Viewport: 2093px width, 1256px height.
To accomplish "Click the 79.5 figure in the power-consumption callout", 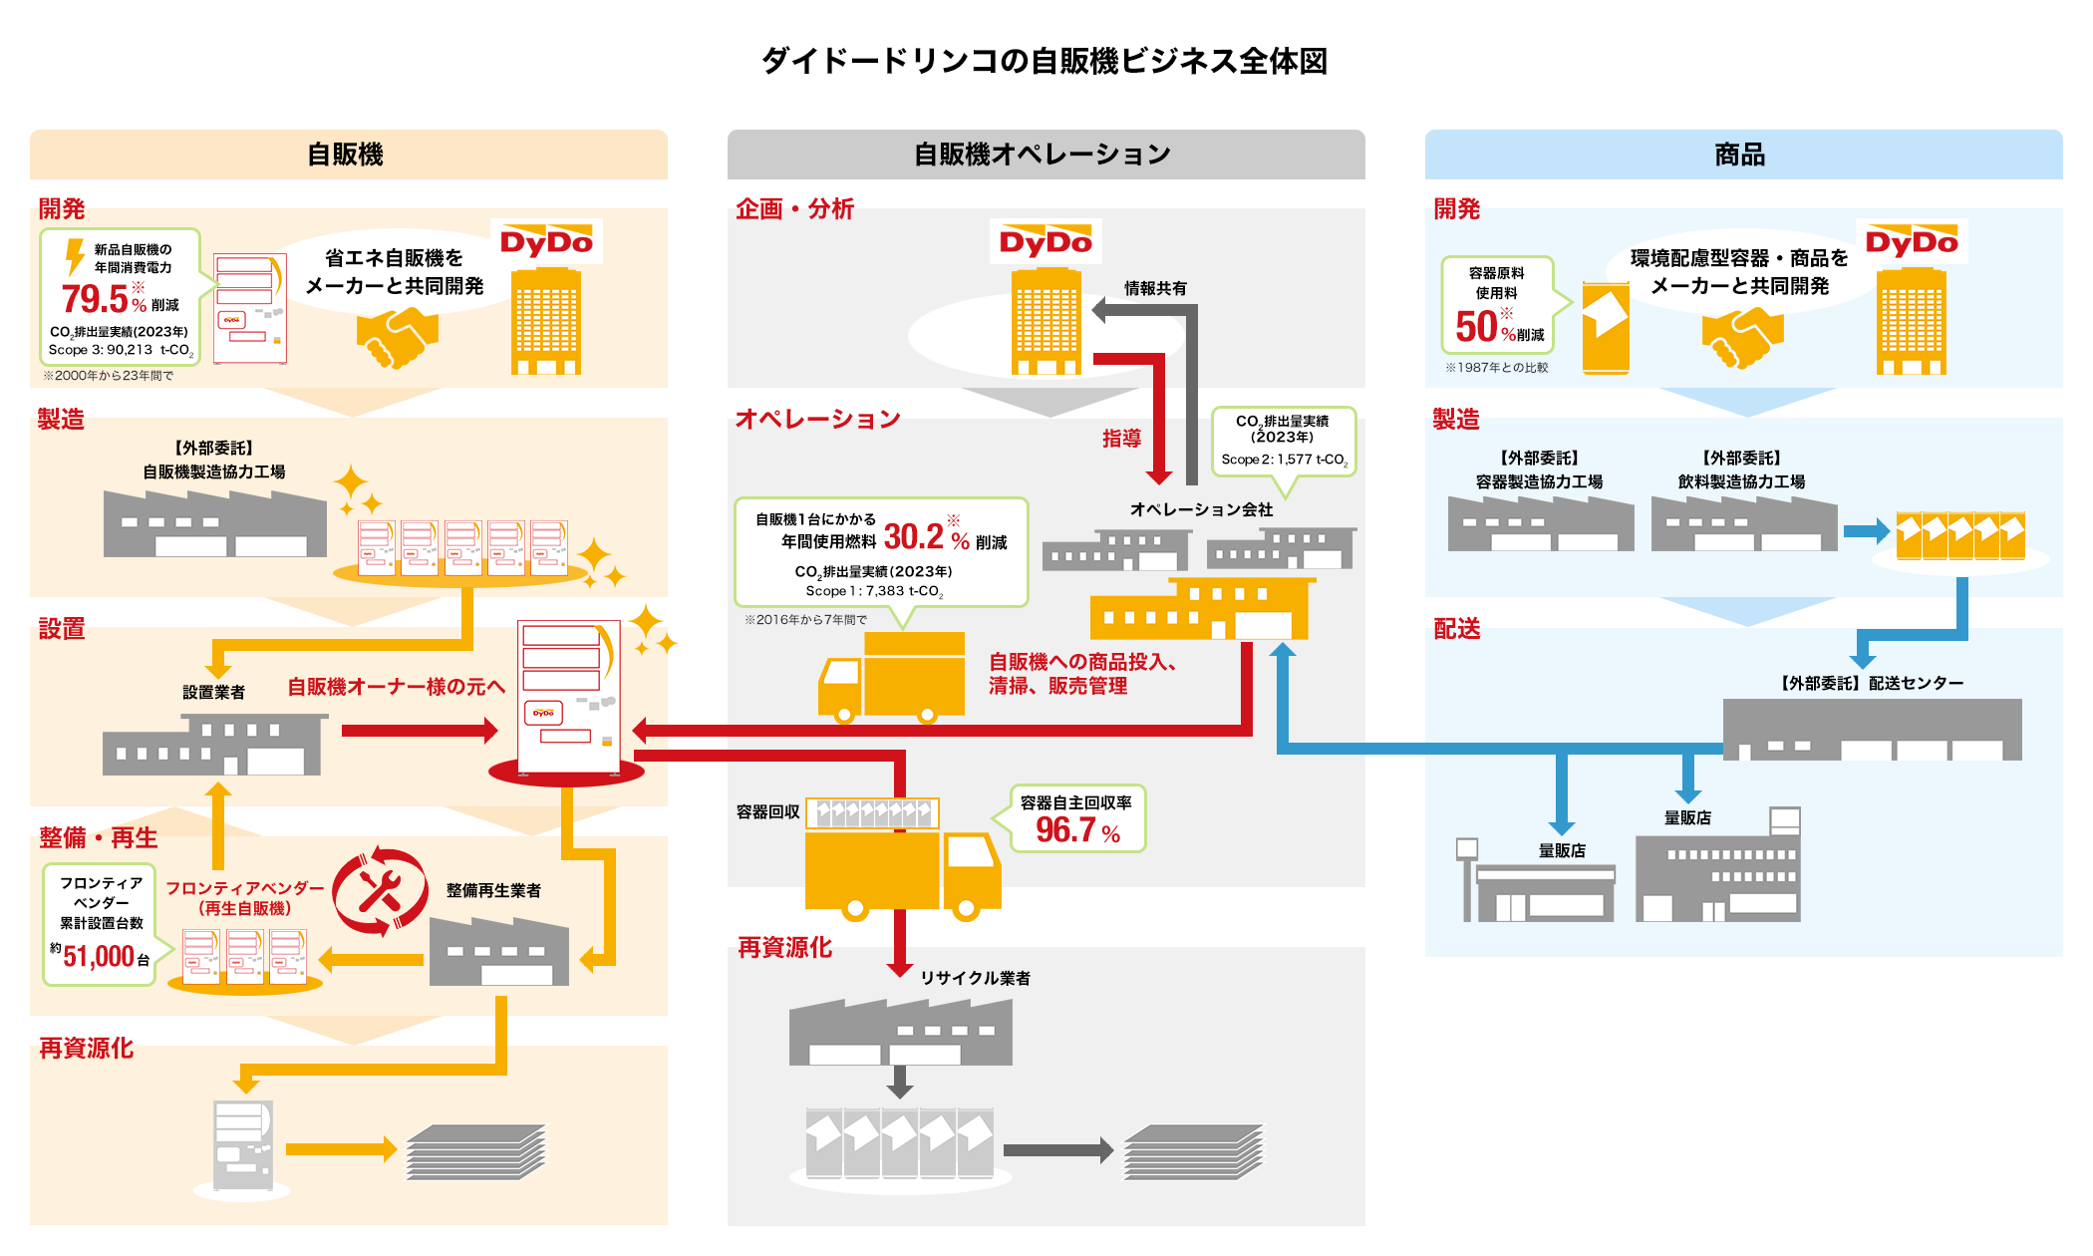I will [x=95, y=298].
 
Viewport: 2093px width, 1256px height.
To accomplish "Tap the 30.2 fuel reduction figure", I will [x=913, y=537].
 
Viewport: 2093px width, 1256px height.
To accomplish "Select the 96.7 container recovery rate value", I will [x=1066, y=829].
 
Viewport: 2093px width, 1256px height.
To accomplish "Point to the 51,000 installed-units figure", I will [x=99, y=957].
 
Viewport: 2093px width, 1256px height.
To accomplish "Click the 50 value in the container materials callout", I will [x=1476, y=327].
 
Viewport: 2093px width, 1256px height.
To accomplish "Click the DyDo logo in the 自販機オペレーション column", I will [x=1046, y=242].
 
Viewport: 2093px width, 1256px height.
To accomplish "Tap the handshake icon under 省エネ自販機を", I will [x=398, y=337].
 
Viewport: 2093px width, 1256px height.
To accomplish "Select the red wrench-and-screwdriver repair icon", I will [x=380, y=892].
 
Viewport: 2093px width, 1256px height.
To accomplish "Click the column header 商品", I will [x=1740, y=155].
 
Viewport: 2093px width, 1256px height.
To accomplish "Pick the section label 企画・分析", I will [x=794, y=209].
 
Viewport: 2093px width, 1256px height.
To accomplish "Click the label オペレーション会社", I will [x=1201, y=509].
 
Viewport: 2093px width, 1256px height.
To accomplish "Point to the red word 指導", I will [x=1121, y=439].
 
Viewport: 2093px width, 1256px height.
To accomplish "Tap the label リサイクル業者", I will [x=975, y=978].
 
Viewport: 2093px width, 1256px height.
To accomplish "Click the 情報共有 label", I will [x=1155, y=288].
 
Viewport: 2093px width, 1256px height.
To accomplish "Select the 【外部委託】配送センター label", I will [x=1872, y=683].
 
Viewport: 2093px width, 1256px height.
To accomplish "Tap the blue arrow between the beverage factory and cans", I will [x=1866, y=530].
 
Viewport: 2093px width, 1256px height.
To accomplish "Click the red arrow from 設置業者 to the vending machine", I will [x=419, y=731].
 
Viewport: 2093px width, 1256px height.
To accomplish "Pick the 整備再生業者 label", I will [x=493, y=890].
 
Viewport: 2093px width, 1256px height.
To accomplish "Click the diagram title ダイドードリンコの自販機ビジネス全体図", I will [x=1045, y=61].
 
